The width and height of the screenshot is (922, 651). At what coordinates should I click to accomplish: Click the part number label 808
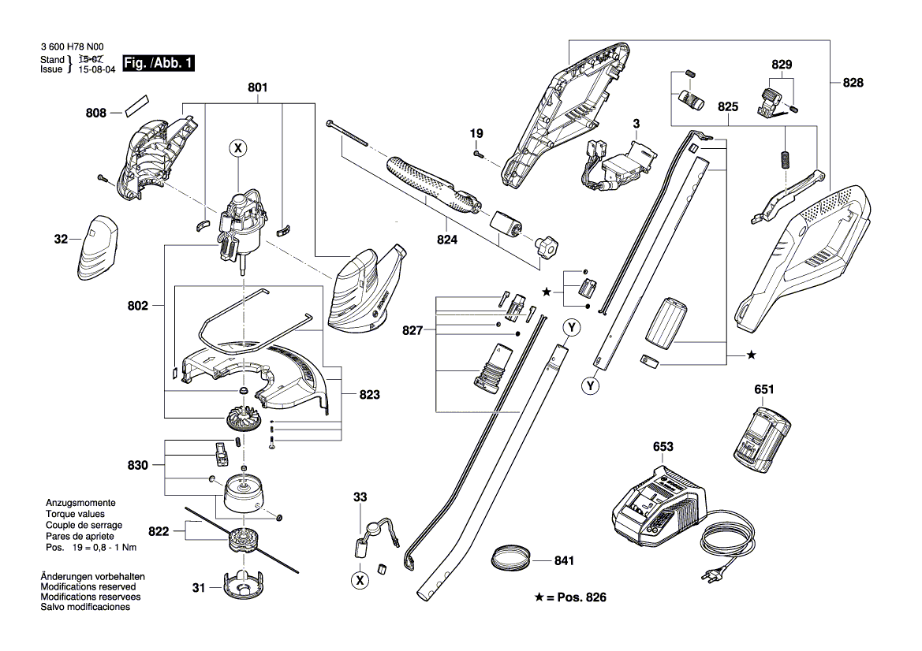[x=95, y=113]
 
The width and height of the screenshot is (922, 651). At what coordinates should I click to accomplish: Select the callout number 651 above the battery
[x=763, y=389]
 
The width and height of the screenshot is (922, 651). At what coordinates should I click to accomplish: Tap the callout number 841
[x=564, y=561]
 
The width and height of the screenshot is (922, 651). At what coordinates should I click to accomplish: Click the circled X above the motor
[x=237, y=147]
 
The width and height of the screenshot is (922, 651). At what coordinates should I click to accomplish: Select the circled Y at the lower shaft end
[x=589, y=386]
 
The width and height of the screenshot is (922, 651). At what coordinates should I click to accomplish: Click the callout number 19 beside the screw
[x=477, y=133]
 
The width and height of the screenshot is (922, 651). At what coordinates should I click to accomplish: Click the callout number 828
[x=853, y=83]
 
